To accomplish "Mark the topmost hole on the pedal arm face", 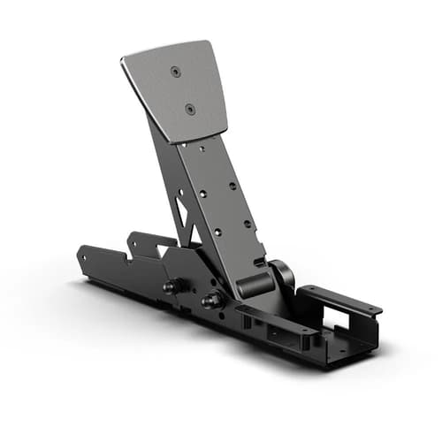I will point(203,151).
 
